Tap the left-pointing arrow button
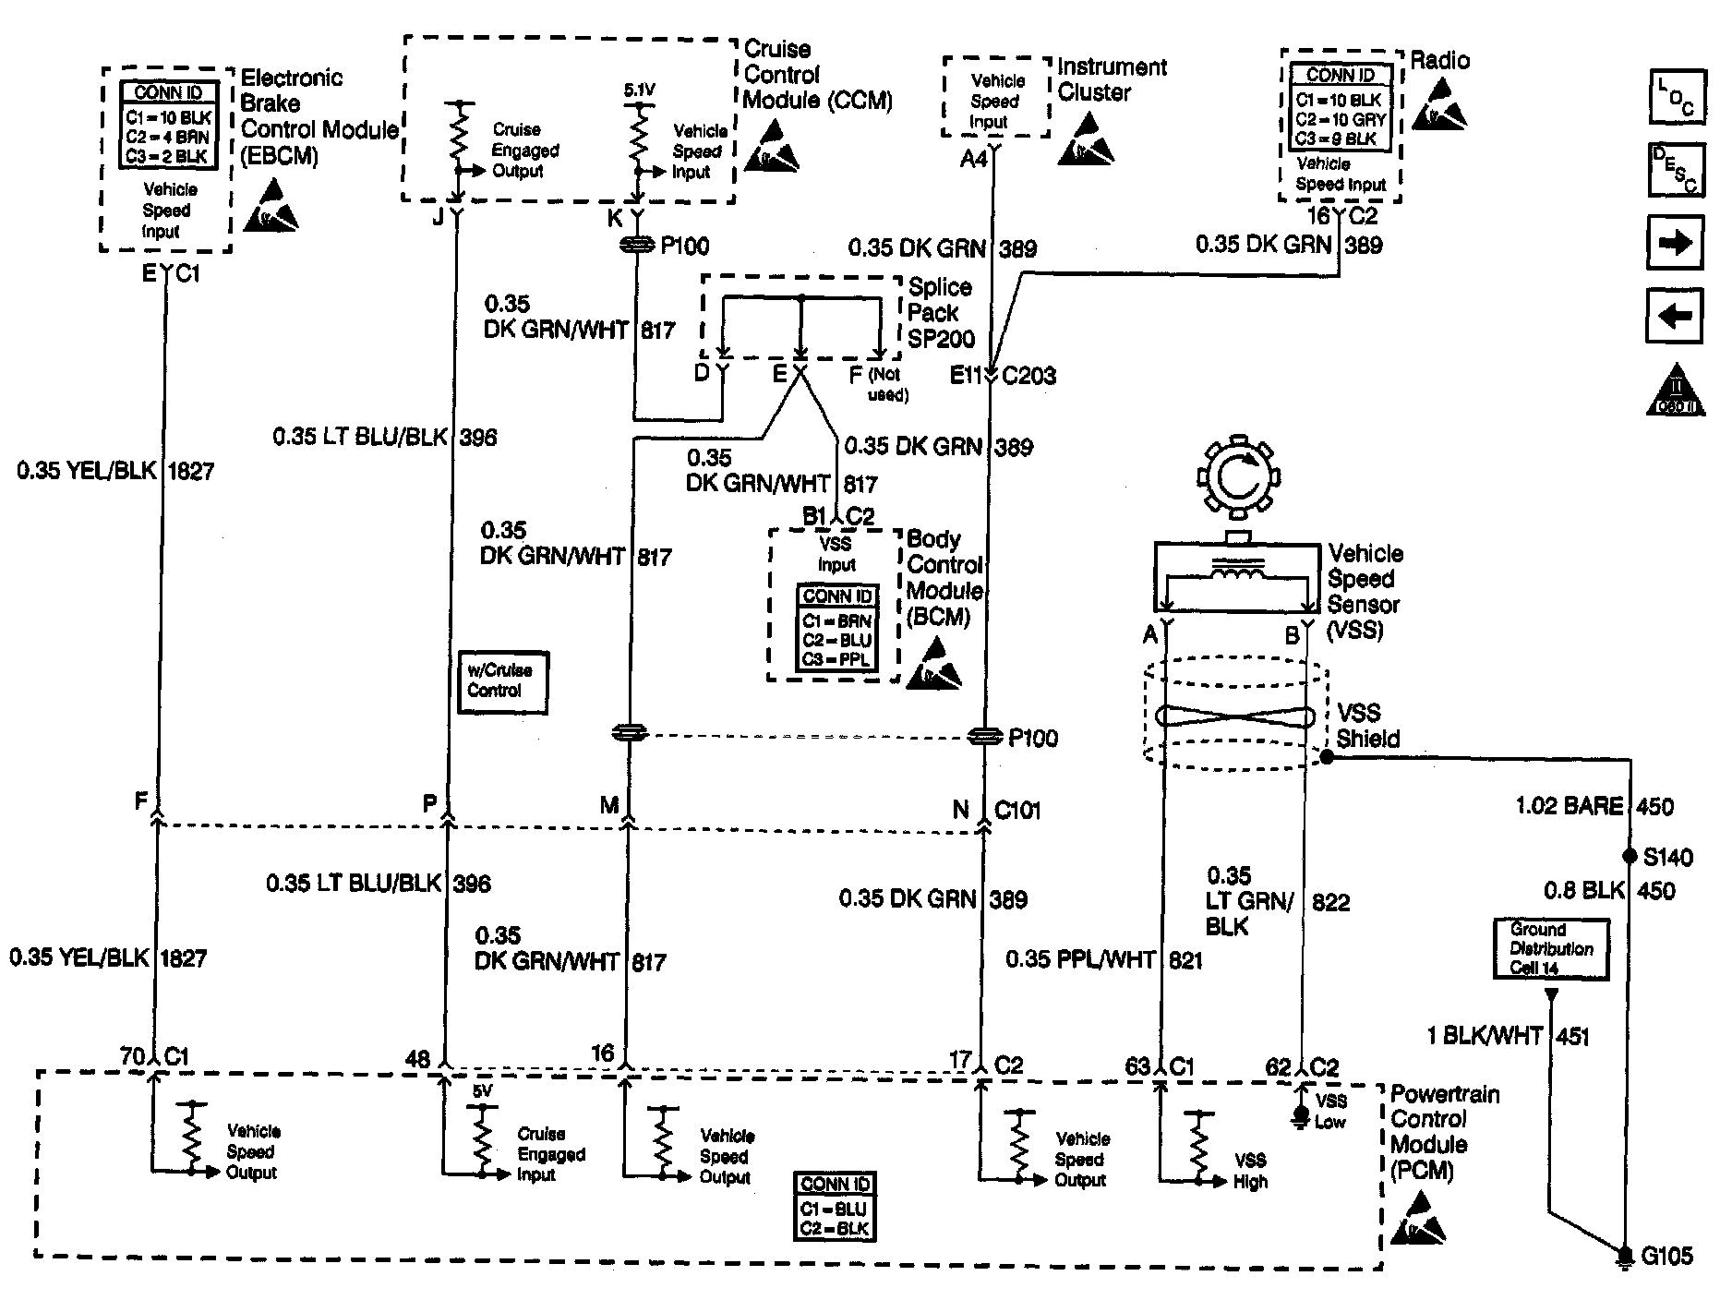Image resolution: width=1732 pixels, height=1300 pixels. coord(1676,317)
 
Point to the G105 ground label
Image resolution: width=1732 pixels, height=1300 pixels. coord(1666,1256)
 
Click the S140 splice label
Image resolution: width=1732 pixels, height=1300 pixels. coord(1668,857)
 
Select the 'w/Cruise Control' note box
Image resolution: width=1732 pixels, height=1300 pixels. coord(502,681)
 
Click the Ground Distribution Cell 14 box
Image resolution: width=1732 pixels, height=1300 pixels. coord(1551,948)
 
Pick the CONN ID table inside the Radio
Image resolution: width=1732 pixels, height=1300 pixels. coord(1340,107)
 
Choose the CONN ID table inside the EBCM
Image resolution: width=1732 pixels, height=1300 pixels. coord(169,125)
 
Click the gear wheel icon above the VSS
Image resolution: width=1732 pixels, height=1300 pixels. coord(1236,478)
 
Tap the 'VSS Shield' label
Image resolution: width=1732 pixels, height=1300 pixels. coord(1368,726)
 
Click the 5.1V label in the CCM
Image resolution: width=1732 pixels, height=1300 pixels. coord(639,90)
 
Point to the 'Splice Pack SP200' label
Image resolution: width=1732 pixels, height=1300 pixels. coord(941,313)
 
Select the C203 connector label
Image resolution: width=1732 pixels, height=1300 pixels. coord(1029,376)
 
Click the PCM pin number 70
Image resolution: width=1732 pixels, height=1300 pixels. coord(133,1055)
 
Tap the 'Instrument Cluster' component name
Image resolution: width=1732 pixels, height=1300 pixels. coord(1112,79)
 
